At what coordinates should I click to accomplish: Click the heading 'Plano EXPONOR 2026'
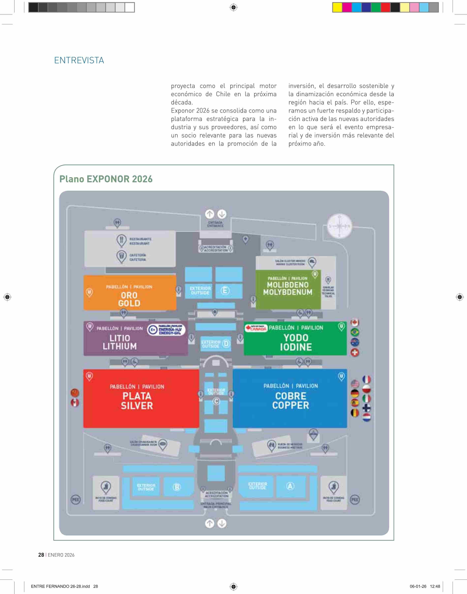click(106, 179)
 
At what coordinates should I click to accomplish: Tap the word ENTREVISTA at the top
click(79, 60)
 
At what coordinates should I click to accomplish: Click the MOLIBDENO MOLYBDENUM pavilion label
click(288, 288)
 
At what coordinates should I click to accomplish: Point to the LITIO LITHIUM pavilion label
click(120, 342)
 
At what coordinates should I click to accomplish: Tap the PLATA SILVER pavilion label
click(137, 401)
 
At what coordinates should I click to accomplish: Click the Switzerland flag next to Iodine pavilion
click(355, 352)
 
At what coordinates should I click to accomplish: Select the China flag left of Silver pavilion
click(75, 393)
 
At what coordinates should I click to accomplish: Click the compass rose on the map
click(339, 226)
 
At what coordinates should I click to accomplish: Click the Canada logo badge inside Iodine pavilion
click(256, 328)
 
